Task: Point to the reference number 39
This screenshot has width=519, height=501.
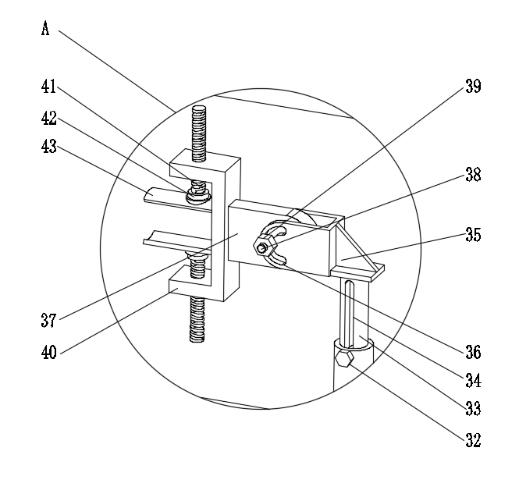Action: pyautogui.click(x=472, y=87)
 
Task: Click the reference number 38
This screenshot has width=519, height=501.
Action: pyautogui.click(x=472, y=176)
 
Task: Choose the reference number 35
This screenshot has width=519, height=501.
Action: pyautogui.click(x=472, y=233)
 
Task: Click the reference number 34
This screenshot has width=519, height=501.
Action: pyautogui.click(x=472, y=381)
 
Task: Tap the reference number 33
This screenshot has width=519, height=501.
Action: pyautogui.click(x=472, y=408)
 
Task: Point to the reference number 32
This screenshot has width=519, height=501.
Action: pyautogui.click(x=472, y=440)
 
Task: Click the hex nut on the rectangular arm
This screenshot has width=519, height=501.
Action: pyautogui.click(x=263, y=247)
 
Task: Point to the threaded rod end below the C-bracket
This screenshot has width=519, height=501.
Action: pyautogui.click(x=198, y=320)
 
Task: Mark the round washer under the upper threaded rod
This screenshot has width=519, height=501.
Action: pyautogui.click(x=197, y=197)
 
